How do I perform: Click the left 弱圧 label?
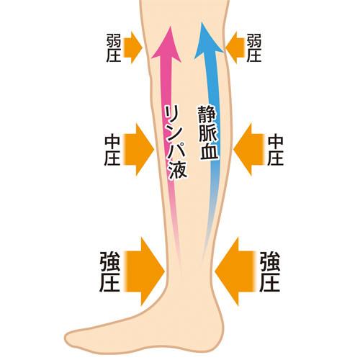(x=114, y=48)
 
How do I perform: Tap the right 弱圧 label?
(x=254, y=48)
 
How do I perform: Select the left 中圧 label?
(x=112, y=151)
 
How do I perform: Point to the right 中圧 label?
(x=276, y=151)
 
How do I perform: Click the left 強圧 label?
(x=109, y=271)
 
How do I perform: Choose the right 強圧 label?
(x=270, y=271)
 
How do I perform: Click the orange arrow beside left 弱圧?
(x=132, y=48)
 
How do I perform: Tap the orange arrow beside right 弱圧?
(x=235, y=48)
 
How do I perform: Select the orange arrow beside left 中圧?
(x=139, y=150)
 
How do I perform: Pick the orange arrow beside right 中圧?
(x=249, y=150)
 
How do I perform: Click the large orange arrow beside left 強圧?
(x=145, y=271)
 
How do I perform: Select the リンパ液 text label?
(x=176, y=143)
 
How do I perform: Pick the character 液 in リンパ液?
(x=178, y=170)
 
